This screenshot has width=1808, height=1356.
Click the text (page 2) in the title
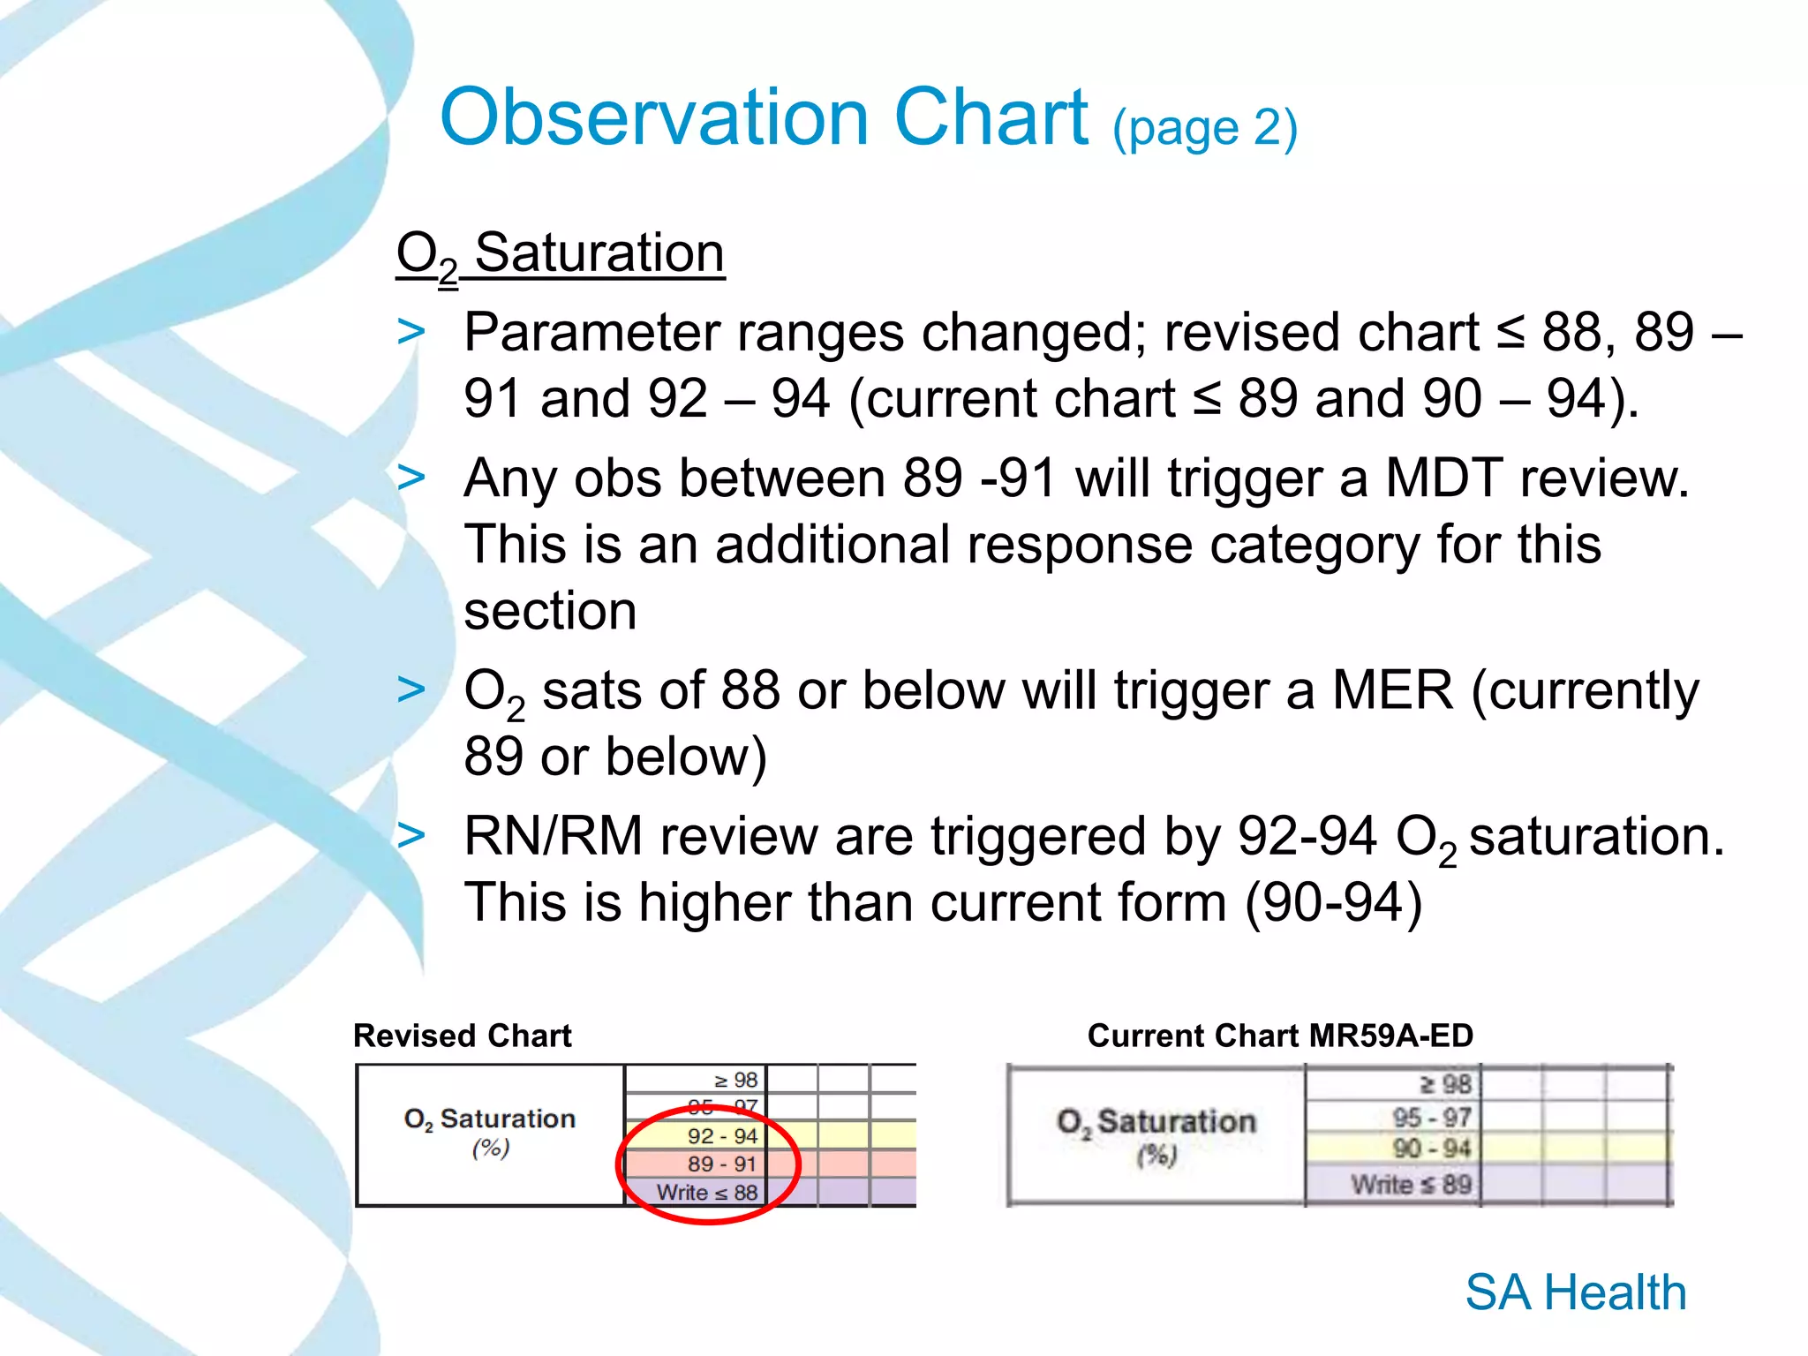coord(1205,128)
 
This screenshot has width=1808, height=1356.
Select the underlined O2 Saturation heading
coord(561,254)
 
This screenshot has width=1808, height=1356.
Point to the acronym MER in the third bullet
coord(1392,690)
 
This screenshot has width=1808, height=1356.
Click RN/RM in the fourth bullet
coord(554,836)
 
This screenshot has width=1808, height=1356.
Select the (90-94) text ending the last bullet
coord(1333,902)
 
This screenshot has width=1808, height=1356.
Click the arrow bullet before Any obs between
coord(411,478)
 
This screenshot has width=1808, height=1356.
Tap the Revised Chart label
coord(463,1036)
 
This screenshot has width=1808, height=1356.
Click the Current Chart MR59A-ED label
coord(1280,1036)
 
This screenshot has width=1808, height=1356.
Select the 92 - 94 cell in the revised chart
coord(721,1136)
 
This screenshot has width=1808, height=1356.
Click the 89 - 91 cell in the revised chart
coord(721,1164)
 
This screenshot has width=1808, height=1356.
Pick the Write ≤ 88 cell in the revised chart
coord(707,1193)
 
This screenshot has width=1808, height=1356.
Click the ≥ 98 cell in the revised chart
coord(735,1081)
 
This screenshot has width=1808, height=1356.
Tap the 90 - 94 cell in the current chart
coord(1431,1149)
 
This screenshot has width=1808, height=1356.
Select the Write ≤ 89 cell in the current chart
coord(1411,1185)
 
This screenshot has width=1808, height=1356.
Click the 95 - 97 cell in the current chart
coord(1431,1118)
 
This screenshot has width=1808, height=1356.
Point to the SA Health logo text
coord(1576,1292)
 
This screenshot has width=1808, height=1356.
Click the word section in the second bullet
coord(550,611)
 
